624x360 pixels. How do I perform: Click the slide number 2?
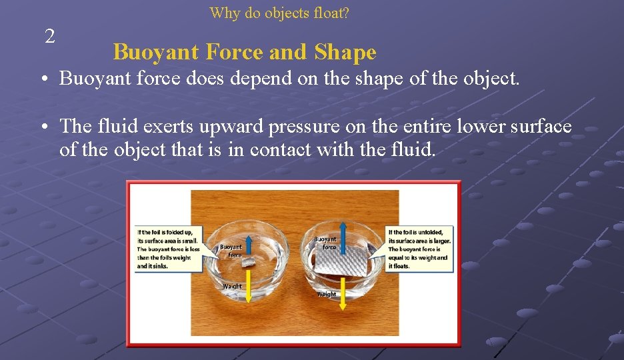point(50,37)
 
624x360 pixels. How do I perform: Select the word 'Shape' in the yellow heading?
point(345,52)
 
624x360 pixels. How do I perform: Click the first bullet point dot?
point(42,79)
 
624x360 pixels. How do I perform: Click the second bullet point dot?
point(42,127)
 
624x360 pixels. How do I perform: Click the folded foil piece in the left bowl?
point(248,265)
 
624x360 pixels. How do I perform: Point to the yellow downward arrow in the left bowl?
point(248,287)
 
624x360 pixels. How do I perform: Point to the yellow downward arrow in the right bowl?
point(343,293)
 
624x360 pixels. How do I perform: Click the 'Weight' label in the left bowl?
point(232,286)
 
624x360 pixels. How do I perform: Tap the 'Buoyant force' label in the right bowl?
point(325,243)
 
